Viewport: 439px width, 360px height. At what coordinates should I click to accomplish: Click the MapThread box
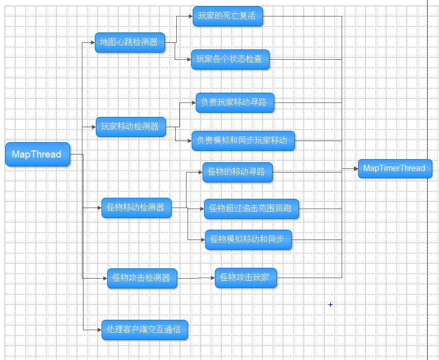pos(38,154)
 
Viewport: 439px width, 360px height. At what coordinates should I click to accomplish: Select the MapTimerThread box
pos(395,168)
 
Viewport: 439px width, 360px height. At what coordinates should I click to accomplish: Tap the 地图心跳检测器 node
pos(130,43)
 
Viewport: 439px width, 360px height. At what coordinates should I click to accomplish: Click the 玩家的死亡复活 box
pos(228,16)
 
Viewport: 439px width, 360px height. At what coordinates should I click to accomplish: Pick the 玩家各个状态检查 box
pos(230,59)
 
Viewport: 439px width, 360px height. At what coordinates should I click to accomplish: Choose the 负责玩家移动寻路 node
pos(234,102)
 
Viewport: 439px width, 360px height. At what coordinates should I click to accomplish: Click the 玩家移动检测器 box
pos(131,127)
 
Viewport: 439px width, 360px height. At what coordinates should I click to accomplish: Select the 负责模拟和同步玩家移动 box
pos(243,141)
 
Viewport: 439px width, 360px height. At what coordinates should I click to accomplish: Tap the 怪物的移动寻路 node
pos(237,172)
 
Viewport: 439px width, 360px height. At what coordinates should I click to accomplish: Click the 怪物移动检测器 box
pos(137,208)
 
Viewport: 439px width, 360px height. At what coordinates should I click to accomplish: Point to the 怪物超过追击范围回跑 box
pos(251,209)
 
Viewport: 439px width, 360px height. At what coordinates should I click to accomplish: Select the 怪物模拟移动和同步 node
pos(248,239)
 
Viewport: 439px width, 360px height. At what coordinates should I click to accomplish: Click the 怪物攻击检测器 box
pos(142,278)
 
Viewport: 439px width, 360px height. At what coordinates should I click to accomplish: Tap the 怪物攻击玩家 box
pos(246,278)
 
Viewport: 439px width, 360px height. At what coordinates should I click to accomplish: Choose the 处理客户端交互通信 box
pos(144,330)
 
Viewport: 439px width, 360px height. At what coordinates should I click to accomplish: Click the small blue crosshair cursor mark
pos(330,304)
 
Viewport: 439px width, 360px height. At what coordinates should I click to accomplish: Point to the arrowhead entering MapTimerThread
pos(356,169)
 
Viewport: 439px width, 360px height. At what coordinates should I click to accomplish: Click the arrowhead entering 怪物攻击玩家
pos(213,278)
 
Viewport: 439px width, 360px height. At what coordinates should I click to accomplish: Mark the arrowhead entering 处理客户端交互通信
pos(99,330)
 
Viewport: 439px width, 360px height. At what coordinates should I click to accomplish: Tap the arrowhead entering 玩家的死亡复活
pos(191,16)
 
